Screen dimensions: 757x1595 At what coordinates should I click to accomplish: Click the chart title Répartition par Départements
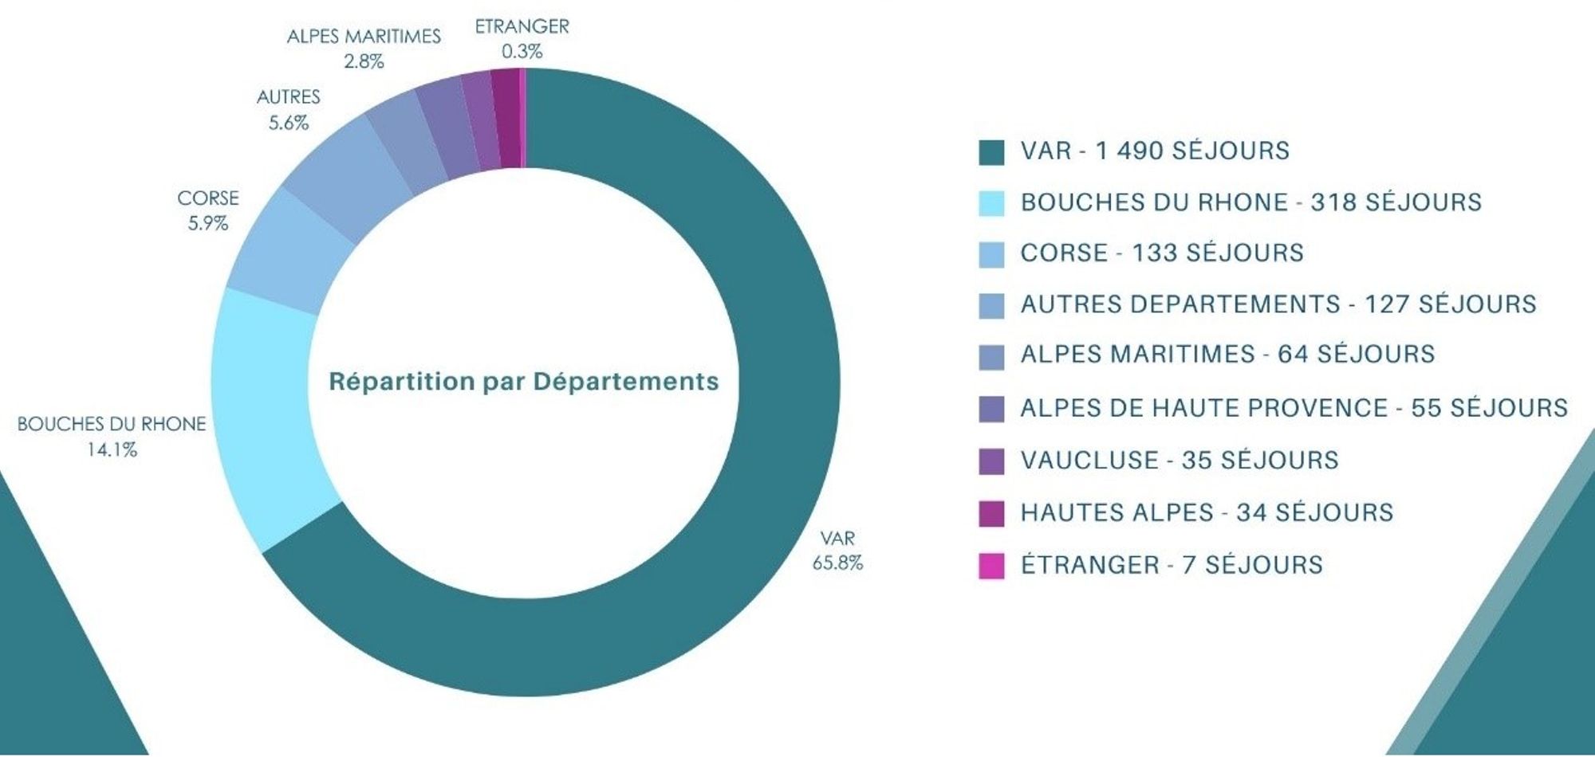(524, 382)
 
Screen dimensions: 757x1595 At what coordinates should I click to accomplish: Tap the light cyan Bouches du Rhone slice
(267, 414)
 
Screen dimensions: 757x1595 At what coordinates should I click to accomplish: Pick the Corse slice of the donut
(291, 251)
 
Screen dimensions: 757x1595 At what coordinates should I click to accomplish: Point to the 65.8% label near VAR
(837, 563)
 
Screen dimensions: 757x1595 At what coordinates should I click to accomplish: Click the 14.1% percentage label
(112, 449)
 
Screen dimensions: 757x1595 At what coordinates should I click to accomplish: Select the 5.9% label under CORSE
(208, 223)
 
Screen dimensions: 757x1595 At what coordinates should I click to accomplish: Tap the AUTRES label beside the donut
(288, 97)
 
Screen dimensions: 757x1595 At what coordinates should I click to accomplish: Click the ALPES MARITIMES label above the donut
(364, 37)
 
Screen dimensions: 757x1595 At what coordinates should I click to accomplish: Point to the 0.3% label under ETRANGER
(522, 52)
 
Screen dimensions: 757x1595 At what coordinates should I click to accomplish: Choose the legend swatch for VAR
(991, 152)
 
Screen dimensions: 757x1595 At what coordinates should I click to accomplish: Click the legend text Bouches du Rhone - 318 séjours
(1250, 202)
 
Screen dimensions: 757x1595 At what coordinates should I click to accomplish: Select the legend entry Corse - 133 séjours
(1161, 253)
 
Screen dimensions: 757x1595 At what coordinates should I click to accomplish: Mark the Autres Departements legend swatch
(991, 306)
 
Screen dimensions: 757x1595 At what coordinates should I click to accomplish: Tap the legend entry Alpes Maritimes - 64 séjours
(1227, 354)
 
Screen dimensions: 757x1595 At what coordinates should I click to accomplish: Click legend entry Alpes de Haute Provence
(1294, 408)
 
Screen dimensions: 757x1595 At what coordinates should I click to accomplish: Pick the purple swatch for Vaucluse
(991, 461)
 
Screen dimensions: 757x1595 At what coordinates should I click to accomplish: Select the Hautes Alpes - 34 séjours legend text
(1207, 512)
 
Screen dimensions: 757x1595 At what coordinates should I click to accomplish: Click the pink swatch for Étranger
(991, 566)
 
